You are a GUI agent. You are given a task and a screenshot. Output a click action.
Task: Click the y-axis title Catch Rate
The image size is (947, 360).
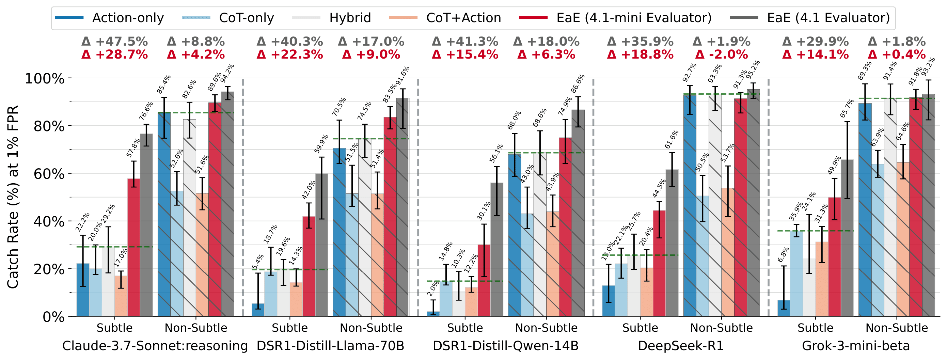point(13,197)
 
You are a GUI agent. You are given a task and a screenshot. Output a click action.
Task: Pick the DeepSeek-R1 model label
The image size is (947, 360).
point(680,346)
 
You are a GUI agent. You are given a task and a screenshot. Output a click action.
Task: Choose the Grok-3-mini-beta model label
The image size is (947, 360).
point(856,346)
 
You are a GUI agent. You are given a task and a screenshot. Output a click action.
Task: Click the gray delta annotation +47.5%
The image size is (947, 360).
point(115,42)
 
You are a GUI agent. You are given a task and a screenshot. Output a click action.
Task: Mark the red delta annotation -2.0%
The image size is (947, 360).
point(722,55)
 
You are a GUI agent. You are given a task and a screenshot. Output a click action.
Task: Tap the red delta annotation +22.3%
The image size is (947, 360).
point(290,55)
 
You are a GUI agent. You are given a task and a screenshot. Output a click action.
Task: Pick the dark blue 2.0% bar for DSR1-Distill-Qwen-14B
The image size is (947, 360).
point(433,314)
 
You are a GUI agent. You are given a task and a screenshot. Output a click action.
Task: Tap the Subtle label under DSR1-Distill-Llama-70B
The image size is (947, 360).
point(290,328)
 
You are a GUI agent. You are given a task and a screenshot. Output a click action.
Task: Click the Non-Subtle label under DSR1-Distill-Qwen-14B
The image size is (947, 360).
point(546,328)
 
